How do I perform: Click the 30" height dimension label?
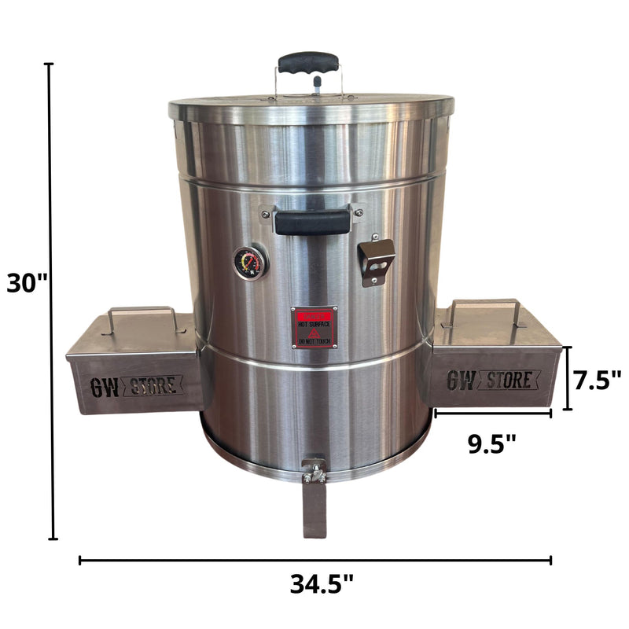(28, 282)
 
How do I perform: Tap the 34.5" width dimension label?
(322, 584)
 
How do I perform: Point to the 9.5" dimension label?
(492, 444)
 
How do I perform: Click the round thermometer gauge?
(250, 263)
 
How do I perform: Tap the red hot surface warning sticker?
(314, 327)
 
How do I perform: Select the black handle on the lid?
(308, 63)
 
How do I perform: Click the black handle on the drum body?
(313, 223)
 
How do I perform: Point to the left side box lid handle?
(142, 314)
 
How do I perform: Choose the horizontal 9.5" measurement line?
(493, 412)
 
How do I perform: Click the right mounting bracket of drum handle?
(359, 212)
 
